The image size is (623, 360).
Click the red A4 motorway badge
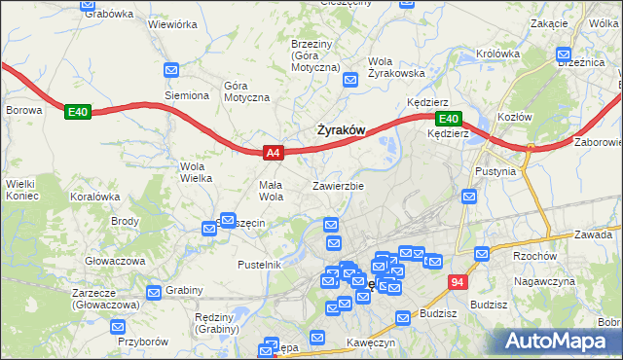pyautogui.click(x=274, y=153)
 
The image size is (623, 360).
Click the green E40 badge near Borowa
pyautogui.click(x=78, y=113)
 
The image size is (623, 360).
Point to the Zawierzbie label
pyautogui.click(x=338, y=185)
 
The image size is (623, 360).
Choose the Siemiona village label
pyautogui.click(x=186, y=95)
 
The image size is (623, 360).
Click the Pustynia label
pyautogui.click(x=509, y=170)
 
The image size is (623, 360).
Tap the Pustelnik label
pyautogui.click(x=259, y=264)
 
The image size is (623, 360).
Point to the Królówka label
pyautogui.click(x=527, y=54)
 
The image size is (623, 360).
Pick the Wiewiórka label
pyautogui.click(x=173, y=21)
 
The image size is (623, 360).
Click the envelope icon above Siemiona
pyautogui.click(x=171, y=70)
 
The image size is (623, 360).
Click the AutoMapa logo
pyautogui.click(x=560, y=341)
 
